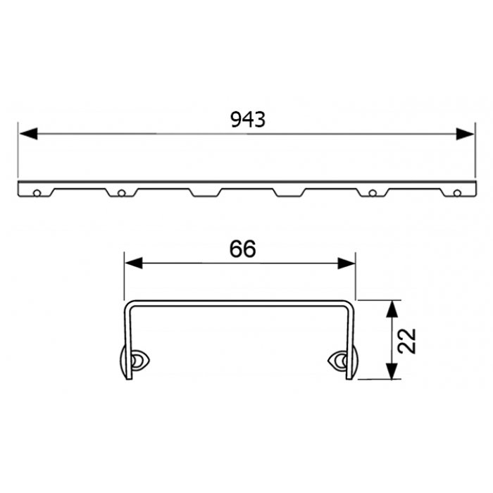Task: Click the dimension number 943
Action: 248,120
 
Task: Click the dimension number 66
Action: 243,249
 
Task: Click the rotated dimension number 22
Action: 408,341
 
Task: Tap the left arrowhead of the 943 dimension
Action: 29,134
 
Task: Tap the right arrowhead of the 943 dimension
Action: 465,134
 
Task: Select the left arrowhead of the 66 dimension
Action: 134,263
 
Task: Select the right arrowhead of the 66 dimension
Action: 347,263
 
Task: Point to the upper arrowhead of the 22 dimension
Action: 392,308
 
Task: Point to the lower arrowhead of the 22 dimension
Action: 392,371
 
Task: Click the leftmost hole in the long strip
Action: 37,193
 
